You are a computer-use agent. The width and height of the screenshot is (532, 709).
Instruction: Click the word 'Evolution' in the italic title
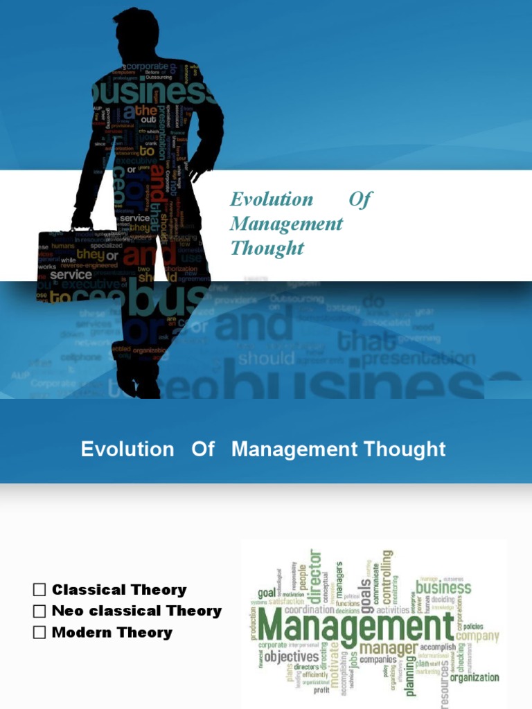pos(272,199)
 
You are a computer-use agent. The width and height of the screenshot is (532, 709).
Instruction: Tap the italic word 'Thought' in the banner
pos(267,248)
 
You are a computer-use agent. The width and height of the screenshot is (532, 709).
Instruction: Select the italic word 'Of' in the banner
pos(360,199)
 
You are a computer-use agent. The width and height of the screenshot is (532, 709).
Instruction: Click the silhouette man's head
pos(136,31)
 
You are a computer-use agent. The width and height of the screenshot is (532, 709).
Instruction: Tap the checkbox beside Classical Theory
pos(39,590)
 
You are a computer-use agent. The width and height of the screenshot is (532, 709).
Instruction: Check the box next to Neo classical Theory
pos(39,611)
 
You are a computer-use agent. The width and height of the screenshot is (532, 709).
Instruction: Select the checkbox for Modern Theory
pos(39,632)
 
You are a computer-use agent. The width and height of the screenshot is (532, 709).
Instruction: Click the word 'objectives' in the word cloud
pos(292,656)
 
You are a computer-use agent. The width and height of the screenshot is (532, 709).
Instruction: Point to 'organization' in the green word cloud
pos(475,677)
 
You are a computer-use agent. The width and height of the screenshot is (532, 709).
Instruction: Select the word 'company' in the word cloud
pos(477,636)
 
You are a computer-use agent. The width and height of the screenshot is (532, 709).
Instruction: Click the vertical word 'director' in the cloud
pos(315,575)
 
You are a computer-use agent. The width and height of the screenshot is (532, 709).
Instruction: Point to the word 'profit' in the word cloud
pos(322,690)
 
